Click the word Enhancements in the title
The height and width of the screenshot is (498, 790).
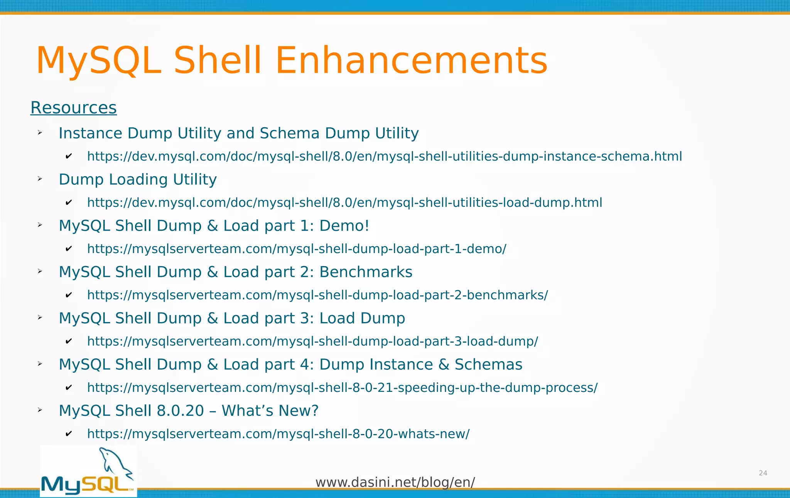[411, 61]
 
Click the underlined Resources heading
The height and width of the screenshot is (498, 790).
[73, 108]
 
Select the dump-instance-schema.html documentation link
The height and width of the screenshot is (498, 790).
[384, 156]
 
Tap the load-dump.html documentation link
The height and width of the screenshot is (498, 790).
[344, 203]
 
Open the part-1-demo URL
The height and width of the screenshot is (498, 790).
[297, 249]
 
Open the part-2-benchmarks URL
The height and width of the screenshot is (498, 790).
[317, 295]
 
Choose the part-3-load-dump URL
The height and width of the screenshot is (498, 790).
[312, 341]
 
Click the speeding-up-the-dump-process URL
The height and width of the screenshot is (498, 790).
[342, 388]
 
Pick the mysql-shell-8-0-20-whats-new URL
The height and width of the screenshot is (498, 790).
[278, 434]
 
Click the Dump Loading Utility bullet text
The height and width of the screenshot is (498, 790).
[138, 179]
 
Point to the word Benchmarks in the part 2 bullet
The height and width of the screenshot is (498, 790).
[366, 272]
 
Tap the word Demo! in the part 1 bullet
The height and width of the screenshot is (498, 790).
[344, 226]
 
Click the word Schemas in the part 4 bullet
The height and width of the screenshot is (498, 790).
[488, 365]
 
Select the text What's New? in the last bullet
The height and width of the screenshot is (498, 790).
[270, 411]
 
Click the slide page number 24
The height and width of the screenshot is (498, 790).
[763, 473]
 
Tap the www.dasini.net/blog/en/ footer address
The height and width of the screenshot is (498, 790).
[395, 482]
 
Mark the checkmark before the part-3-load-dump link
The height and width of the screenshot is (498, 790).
[69, 341]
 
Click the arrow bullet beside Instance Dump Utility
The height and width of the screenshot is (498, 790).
[40, 133]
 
